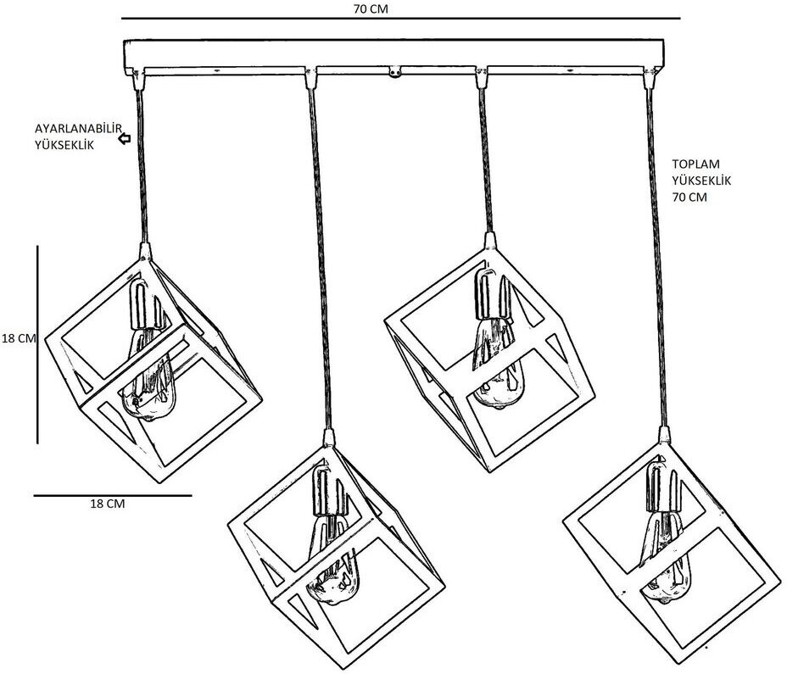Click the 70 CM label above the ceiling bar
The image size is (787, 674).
tap(372, 8)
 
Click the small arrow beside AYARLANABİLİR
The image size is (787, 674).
tap(125, 137)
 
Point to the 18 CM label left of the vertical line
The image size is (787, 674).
tap(18, 338)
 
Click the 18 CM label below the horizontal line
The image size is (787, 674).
tap(108, 504)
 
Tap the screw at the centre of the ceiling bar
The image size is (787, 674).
tap(394, 74)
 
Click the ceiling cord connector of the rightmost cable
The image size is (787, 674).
tap(650, 80)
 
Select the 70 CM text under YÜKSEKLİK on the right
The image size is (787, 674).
tap(689, 198)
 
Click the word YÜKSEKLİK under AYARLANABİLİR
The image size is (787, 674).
tap(64, 145)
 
